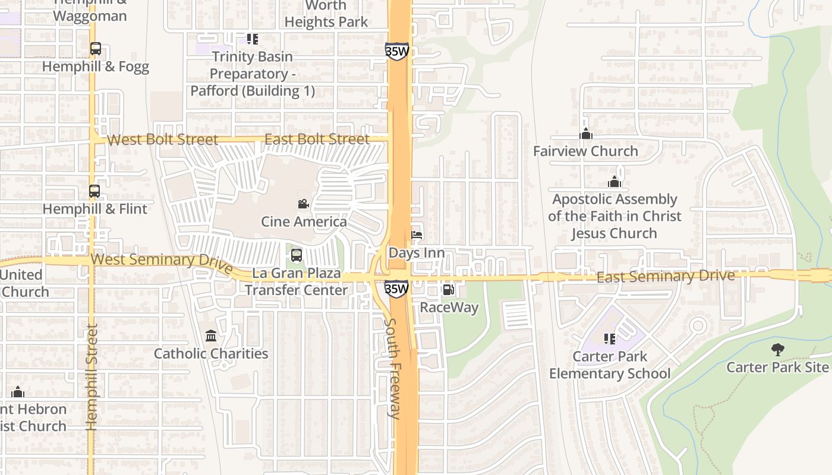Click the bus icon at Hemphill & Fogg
point(95,49)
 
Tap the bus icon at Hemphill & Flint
point(94,191)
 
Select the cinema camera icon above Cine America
point(303,204)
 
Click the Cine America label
point(304,221)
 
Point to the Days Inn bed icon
point(417,236)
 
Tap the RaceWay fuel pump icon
point(449,290)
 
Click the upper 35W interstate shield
point(396,51)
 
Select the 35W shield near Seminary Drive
point(396,289)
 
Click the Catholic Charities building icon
point(211,337)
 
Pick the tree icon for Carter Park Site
point(777,350)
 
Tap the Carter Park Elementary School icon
point(609,339)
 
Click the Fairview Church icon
point(586,134)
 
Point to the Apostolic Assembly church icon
point(614,182)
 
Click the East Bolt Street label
point(317,139)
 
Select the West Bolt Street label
point(162,140)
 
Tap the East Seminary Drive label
point(665,276)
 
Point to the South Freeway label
point(393,368)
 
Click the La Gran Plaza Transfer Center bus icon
point(296,256)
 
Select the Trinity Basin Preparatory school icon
point(252,39)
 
